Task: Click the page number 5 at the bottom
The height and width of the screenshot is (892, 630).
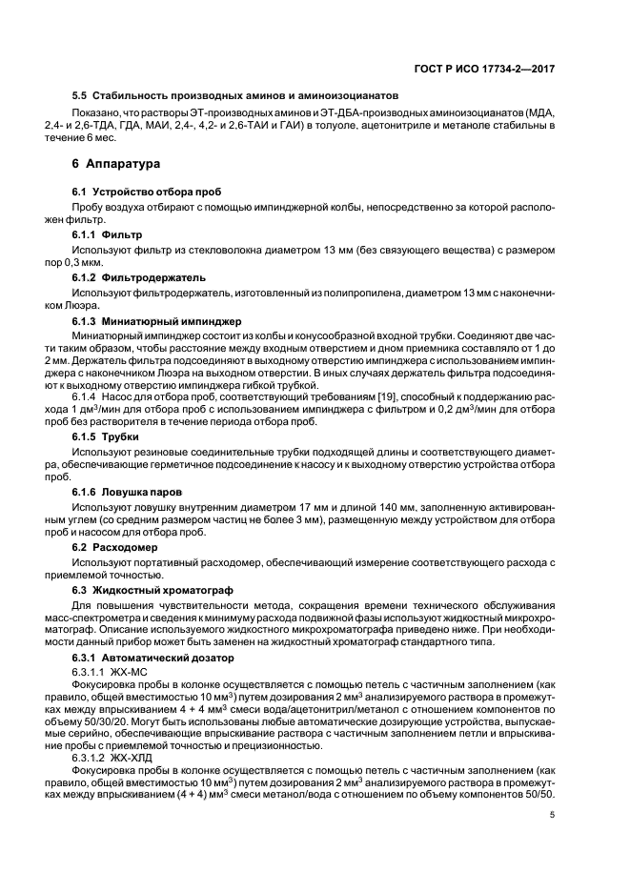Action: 552,815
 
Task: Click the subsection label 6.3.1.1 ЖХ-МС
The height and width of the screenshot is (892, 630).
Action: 117,672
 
